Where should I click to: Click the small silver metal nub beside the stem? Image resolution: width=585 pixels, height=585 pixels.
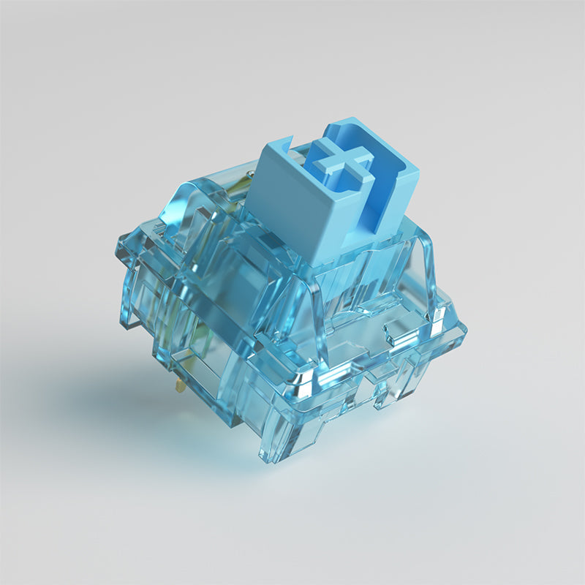pos(251,173)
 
